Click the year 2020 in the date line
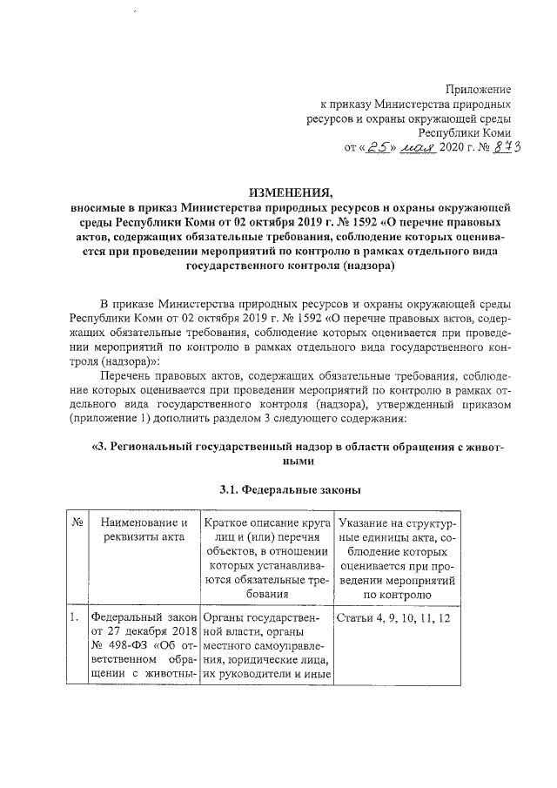tap(457, 148)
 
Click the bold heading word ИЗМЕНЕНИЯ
tap(290, 193)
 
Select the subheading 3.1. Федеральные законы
tap(290, 488)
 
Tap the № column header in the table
tap(77, 522)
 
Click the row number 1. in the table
tap(75, 618)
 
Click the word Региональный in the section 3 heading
tap(158, 448)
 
